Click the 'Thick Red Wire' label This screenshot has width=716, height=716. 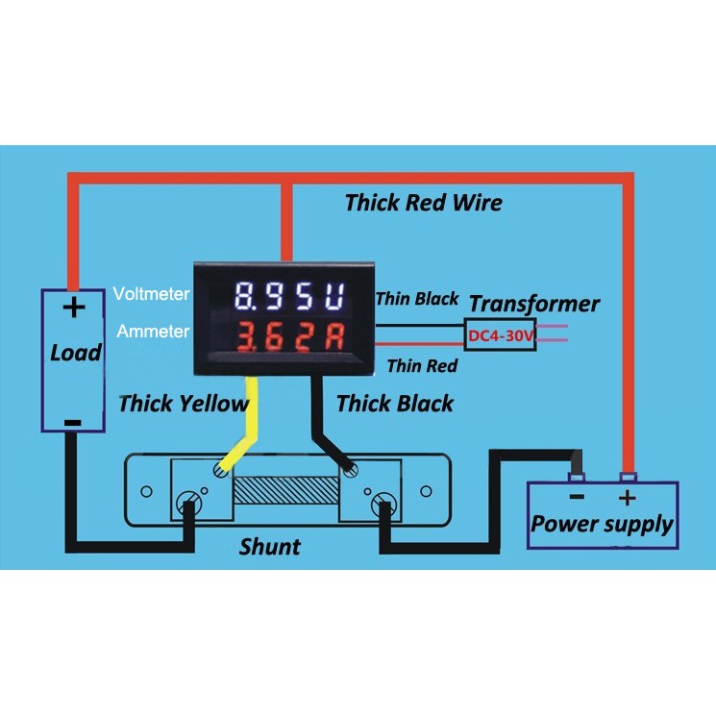423,203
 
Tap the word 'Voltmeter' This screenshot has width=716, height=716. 151,293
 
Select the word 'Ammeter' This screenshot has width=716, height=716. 154,332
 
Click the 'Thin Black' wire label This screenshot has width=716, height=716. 417,299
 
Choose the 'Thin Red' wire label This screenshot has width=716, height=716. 421,365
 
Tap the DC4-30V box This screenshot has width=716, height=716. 501,334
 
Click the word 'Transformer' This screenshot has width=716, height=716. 534,305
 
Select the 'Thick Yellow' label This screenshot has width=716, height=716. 183,404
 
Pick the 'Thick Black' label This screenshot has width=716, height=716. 395,404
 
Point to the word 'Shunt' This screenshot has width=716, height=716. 269,547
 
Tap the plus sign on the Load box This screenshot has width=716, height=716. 74,309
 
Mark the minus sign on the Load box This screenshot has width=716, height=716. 71,423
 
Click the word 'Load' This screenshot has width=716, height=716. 76,353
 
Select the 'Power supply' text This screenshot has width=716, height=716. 603,525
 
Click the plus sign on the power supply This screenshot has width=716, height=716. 627,498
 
